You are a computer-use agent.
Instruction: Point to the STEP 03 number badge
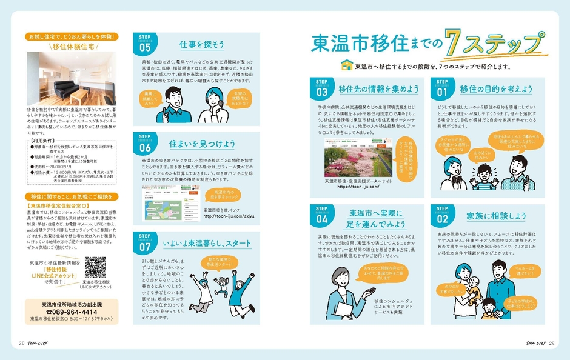322,90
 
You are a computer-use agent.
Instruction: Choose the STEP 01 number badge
443,90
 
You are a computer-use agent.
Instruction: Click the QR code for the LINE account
95,267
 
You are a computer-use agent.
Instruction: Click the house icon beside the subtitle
347,64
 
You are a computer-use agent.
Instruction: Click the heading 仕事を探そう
202,45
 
